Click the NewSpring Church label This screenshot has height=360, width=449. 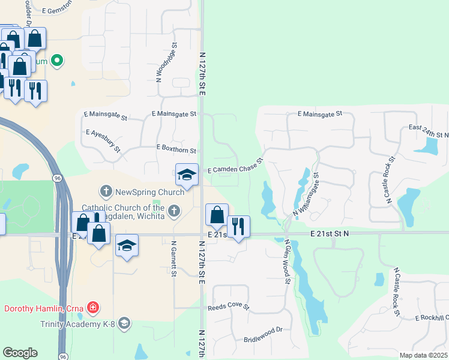[142, 192]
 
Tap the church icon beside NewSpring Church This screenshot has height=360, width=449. [106, 192]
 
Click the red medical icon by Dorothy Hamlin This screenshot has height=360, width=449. [92, 308]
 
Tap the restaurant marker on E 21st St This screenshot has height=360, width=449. [238, 227]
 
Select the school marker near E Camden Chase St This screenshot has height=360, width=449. [187, 175]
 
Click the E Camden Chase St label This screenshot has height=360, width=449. [235, 166]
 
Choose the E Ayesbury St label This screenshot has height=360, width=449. [103, 140]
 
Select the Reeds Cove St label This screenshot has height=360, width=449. [228, 307]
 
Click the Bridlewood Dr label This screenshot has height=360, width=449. [263, 335]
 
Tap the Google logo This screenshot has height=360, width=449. [20, 353]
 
